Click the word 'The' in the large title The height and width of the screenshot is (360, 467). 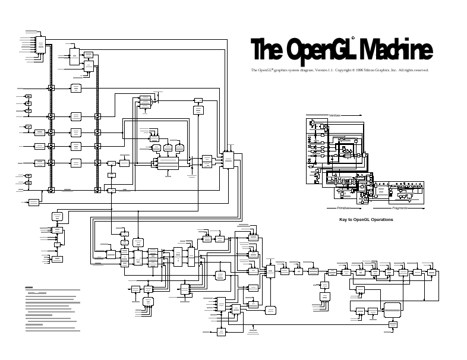pos(265,50)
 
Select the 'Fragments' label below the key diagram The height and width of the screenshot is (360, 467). pos(399,209)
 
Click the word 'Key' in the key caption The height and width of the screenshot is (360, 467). pos(343,220)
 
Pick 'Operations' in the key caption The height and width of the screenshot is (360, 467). pos(383,220)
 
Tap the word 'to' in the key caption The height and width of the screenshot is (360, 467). pos(351,220)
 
